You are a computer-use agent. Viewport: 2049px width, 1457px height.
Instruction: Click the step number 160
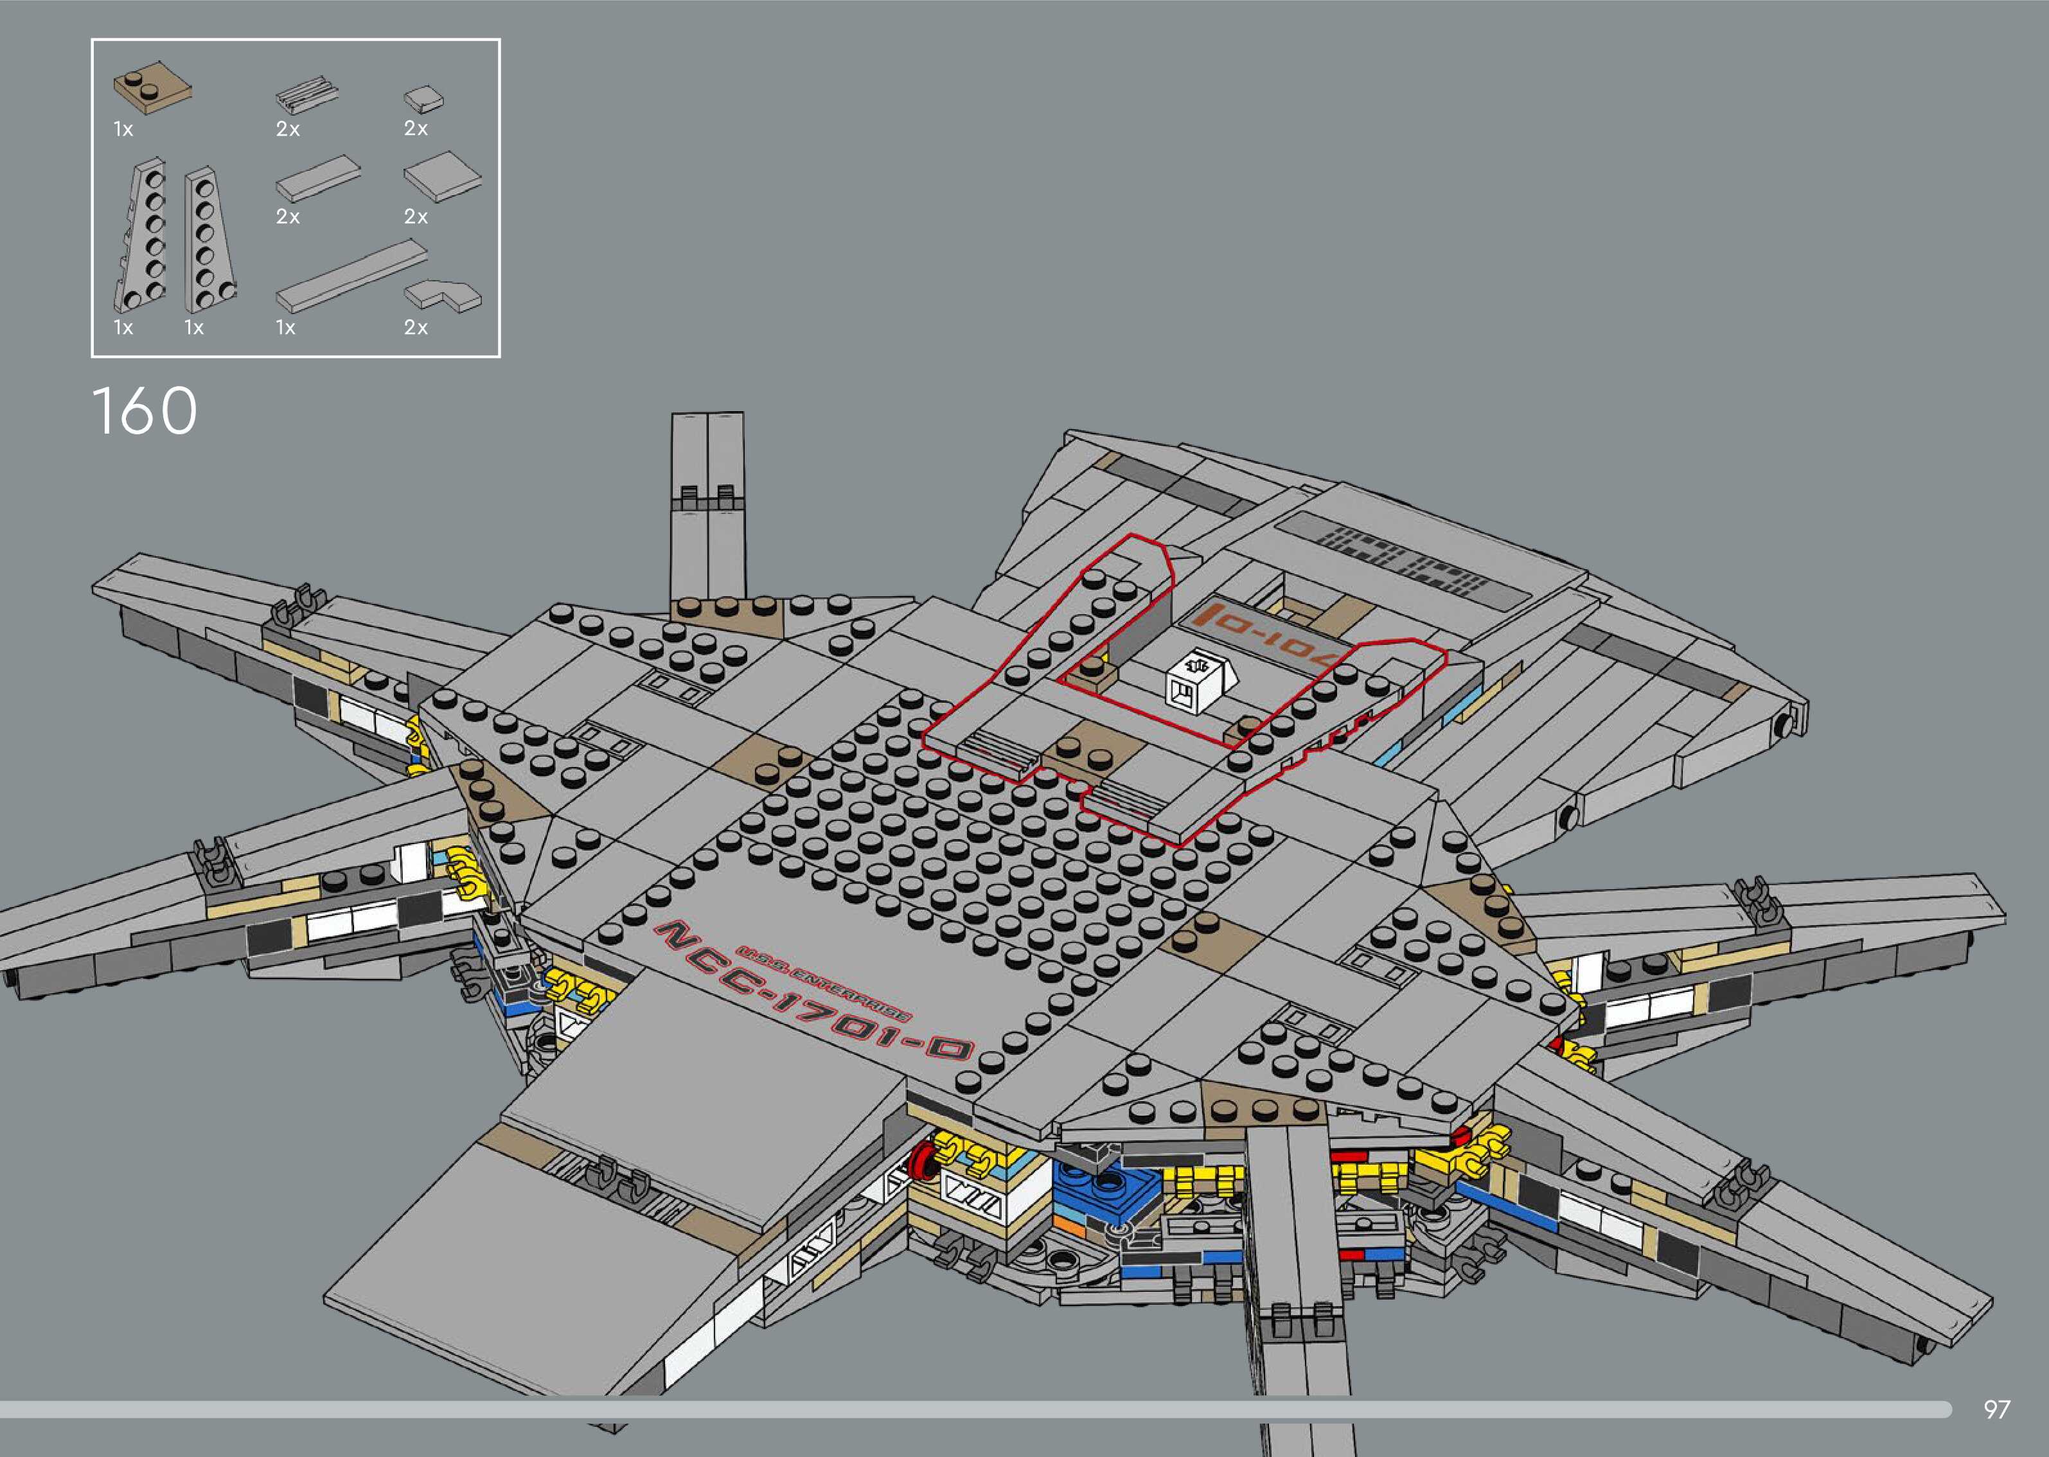click(x=145, y=411)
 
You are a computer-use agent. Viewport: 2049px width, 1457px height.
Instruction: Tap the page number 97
click(x=1997, y=1409)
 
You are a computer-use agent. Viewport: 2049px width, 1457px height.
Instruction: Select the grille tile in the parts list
click(x=307, y=96)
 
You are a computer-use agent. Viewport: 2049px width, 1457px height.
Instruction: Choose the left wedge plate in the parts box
click(x=142, y=235)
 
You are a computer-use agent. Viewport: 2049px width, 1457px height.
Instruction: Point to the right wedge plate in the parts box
click(x=209, y=237)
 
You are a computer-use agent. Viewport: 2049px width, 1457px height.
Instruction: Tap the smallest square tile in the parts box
click(x=423, y=99)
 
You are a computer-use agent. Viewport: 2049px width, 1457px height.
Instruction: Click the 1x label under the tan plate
click(x=123, y=130)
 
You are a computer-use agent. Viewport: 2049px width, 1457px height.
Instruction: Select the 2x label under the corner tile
click(x=415, y=328)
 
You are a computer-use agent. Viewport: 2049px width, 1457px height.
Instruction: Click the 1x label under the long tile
click(x=285, y=328)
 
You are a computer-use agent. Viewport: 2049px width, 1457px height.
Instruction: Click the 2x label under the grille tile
click(x=287, y=130)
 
